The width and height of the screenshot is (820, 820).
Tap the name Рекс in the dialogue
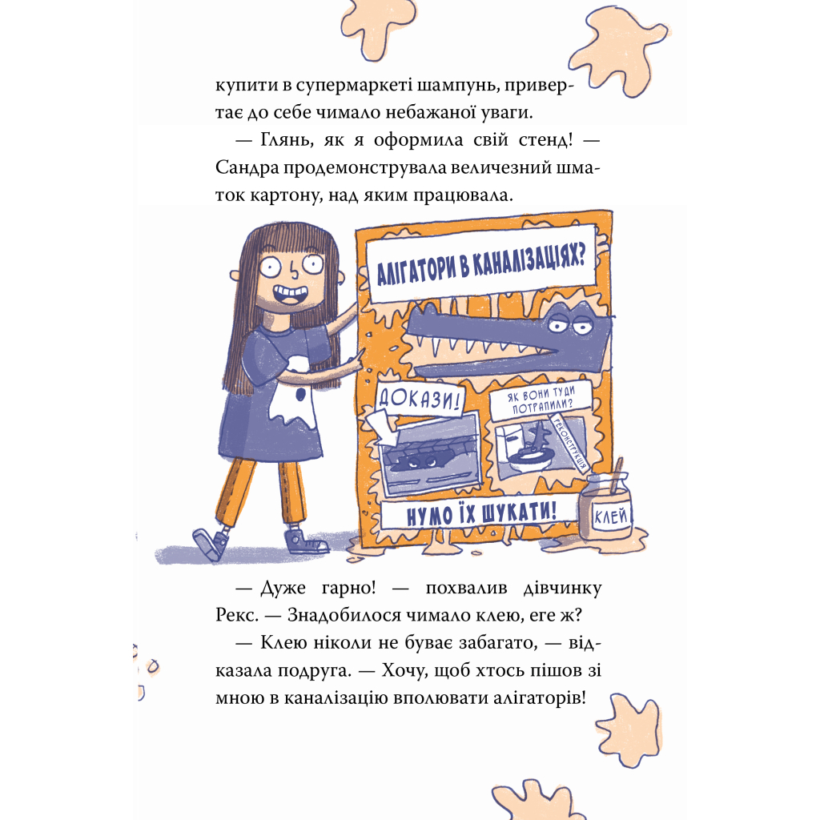point(238,614)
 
